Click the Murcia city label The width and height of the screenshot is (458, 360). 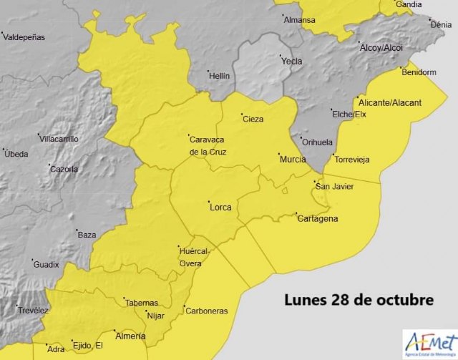coord(293,159)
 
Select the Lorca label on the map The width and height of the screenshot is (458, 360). coord(220,208)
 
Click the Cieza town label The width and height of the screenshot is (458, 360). coord(254,120)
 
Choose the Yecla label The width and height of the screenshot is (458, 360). coord(291,62)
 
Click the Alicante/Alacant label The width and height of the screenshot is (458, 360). coord(391,103)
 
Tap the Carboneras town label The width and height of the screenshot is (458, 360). coord(206,311)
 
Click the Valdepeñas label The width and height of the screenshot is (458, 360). coord(25,36)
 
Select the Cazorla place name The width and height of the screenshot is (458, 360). coord(64,170)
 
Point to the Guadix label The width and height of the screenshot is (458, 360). coord(47,265)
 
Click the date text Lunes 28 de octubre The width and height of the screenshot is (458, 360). coord(359,299)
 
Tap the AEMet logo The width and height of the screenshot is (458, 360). coord(429,344)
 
